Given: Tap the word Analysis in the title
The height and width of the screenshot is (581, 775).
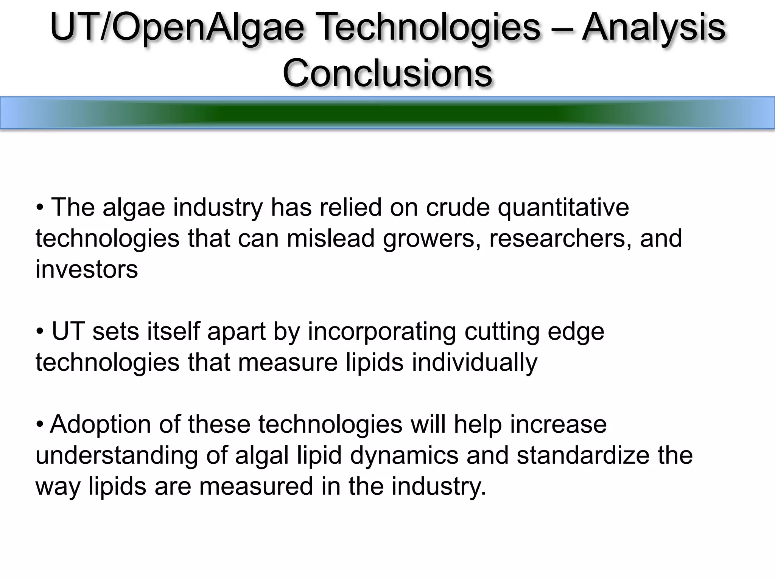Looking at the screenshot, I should (653, 27).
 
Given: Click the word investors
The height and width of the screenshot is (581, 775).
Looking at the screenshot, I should (87, 269).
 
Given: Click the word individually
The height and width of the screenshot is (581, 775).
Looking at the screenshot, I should (475, 362).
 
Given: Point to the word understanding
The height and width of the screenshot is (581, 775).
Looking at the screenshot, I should (117, 455).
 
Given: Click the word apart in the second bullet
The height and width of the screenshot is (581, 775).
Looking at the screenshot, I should (236, 331).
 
